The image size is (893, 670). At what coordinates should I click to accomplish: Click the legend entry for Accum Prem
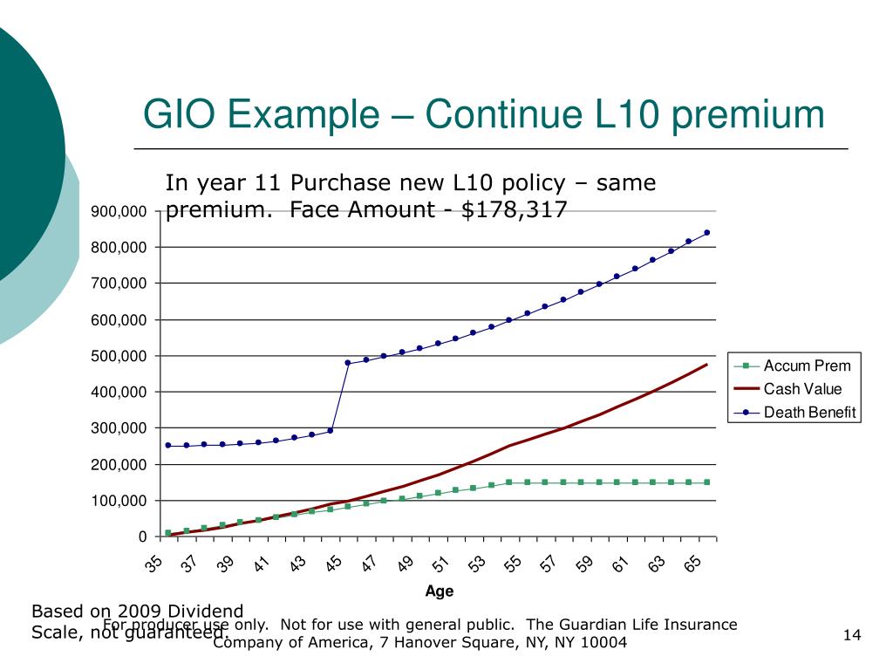click(x=806, y=366)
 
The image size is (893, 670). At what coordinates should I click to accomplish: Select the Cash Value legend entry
click(x=802, y=389)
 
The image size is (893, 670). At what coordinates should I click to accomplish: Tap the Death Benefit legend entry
click(x=810, y=413)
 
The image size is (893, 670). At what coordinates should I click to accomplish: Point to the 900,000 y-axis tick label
click(x=122, y=212)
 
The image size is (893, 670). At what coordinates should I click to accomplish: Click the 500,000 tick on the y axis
click(x=122, y=356)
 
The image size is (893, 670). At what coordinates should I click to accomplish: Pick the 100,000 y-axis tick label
click(x=122, y=501)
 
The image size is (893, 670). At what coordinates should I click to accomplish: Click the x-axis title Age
click(x=440, y=591)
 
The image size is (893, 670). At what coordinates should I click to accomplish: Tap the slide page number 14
click(x=853, y=636)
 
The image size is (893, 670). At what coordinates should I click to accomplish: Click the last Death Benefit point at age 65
click(x=707, y=232)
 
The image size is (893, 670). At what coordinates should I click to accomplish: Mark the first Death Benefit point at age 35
click(x=168, y=445)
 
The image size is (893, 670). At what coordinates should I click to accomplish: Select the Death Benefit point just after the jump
click(x=348, y=363)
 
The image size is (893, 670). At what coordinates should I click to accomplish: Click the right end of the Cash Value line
click(x=707, y=364)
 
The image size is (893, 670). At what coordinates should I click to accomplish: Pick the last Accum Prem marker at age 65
click(x=707, y=482)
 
